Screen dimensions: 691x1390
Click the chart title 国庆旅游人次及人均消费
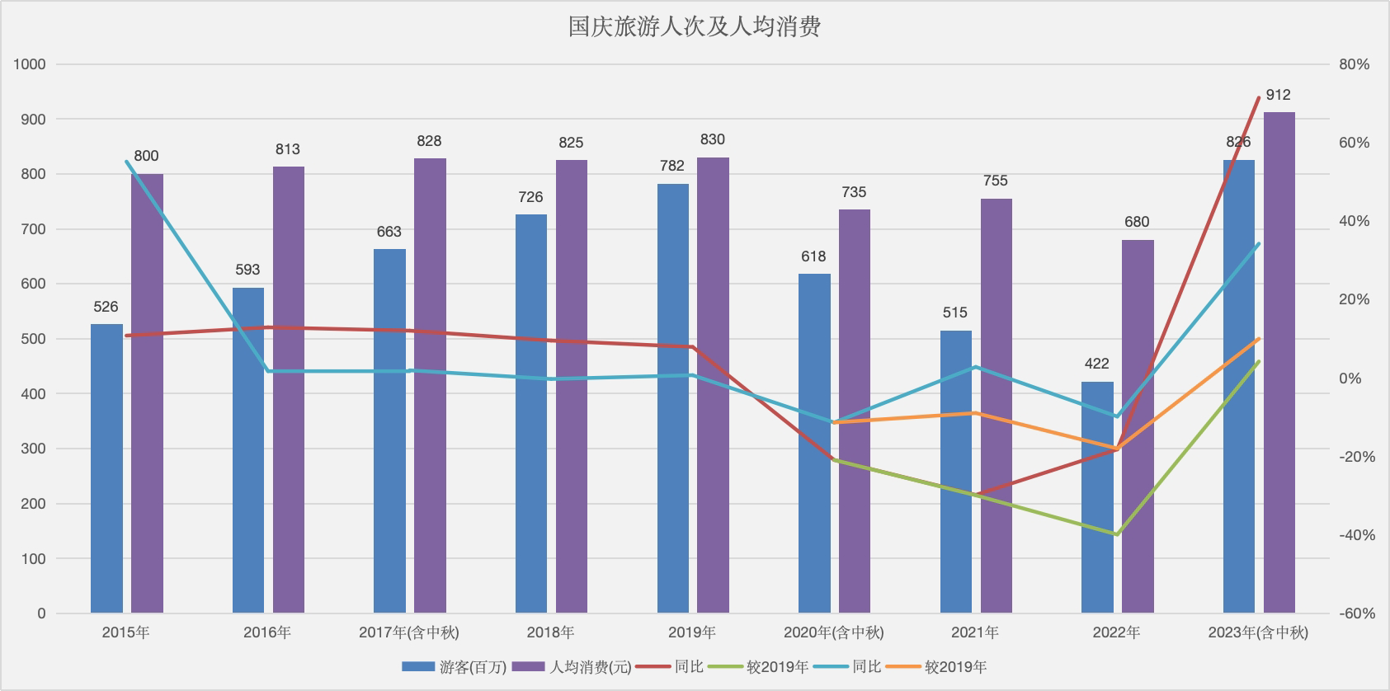(695, 27)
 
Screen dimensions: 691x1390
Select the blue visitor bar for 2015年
(106, 468)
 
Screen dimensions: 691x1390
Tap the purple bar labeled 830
(713, 385)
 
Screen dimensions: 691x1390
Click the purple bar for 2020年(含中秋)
(854, 411)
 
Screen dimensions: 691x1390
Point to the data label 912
(1278, 95)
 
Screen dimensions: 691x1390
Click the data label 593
(247, 270)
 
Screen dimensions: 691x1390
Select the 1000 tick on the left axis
(30, 64)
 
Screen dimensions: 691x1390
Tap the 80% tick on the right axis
(1354, 64)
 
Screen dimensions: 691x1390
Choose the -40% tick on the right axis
(1357, 535)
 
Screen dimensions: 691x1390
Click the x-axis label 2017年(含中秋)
(409, 632)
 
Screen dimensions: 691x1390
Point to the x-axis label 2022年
(1116, 632)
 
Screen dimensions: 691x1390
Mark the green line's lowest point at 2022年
(1116, 534)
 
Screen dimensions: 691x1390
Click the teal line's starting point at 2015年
(126, 162)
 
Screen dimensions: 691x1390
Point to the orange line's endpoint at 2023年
(1259, 339)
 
